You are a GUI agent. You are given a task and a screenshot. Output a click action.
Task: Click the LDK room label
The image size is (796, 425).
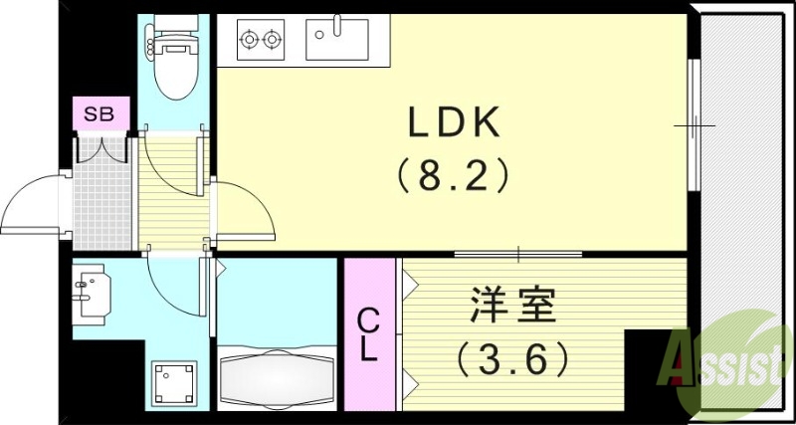(x=453, y=123)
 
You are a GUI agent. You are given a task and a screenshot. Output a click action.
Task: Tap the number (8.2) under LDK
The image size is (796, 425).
(x=453, y=176)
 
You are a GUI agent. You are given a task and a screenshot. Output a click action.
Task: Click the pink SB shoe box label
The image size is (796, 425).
(x=99, y=114)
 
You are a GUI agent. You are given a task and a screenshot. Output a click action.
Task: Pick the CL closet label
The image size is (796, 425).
(x=368, y=334)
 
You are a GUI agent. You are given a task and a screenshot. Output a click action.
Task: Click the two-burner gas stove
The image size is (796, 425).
(x=260, y=41)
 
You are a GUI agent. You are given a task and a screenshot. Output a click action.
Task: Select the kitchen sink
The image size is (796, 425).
(x=337, y=41)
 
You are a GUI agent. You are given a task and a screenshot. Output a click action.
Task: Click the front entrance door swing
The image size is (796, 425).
(x=35, y=204)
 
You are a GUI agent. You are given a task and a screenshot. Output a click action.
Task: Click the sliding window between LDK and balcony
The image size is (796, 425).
(x=694, y=125)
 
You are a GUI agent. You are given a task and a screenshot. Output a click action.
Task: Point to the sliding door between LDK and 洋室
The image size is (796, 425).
(x=517, y=254)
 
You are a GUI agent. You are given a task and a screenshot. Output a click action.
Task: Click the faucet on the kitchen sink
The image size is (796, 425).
(x=337, y=25)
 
